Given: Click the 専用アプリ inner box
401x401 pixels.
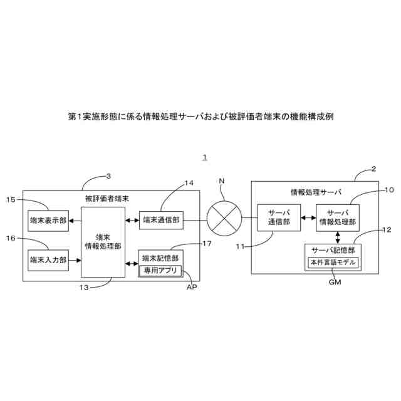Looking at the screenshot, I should click(x=160, y=271).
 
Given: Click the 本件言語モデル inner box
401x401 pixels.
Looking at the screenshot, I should click(x=332, y=263).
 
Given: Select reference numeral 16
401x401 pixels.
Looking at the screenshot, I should click(x=10, y=238).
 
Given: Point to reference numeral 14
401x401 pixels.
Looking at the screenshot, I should click(x=189, y=183).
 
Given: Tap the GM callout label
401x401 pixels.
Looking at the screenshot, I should click(x=335, y=283).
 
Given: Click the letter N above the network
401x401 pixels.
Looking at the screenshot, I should click(x=221, y=181).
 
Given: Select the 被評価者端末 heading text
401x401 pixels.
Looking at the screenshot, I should click(x=107, y=199).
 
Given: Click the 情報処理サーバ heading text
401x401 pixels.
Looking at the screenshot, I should click(x=311, y=191).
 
